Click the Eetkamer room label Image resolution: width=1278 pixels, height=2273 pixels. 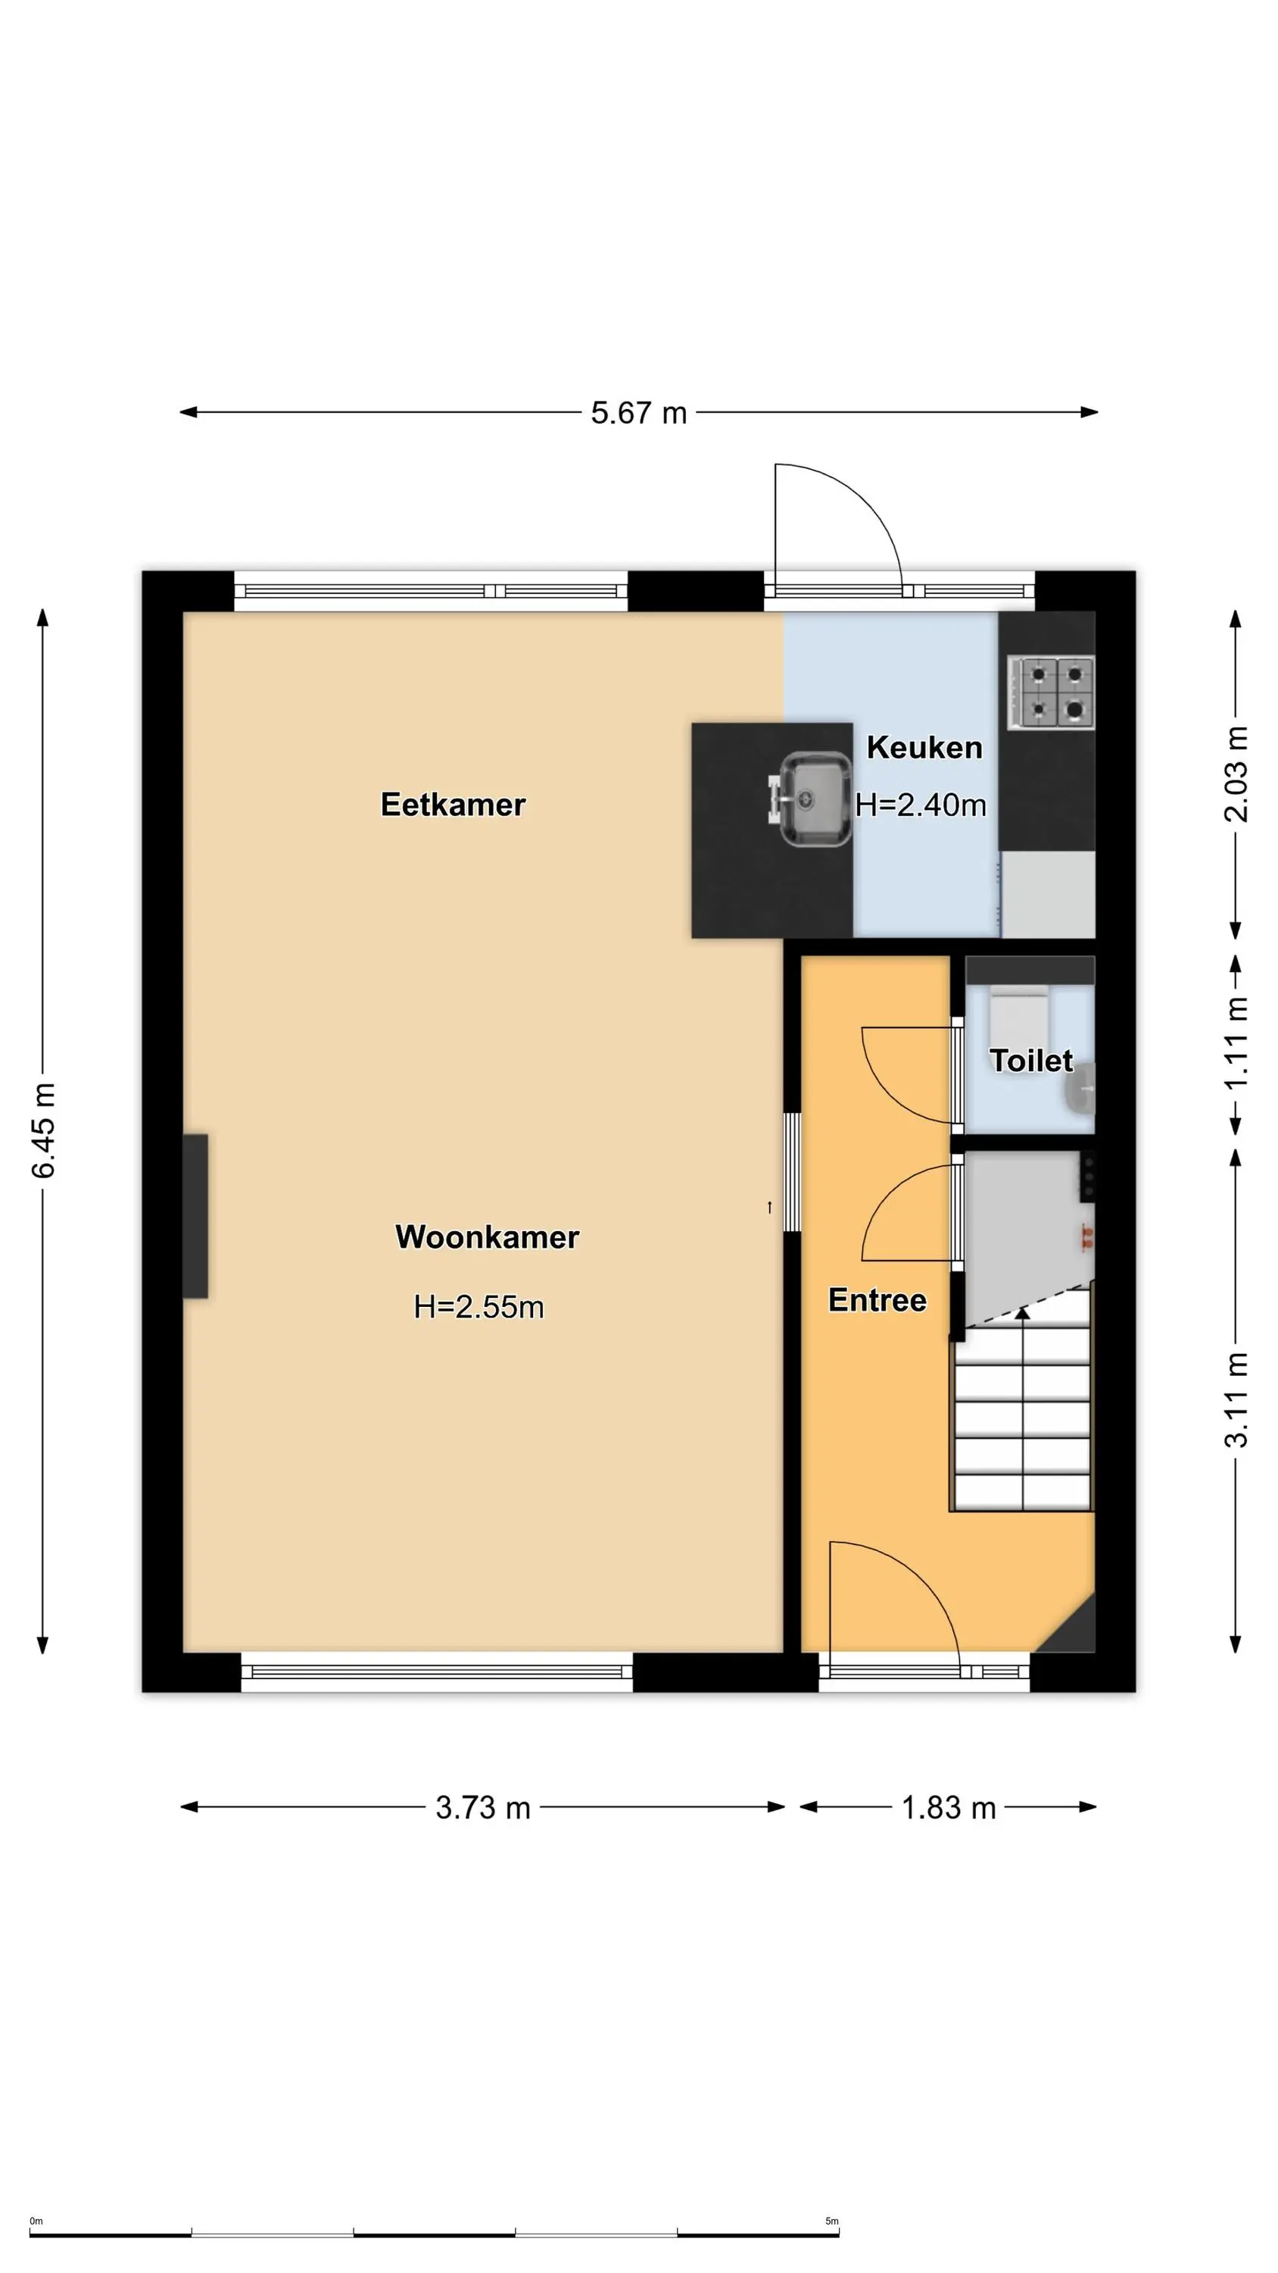click(453, 805)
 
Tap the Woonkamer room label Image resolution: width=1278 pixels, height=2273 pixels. click(487, 1237)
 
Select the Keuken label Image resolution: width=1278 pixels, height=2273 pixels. click(924, 747)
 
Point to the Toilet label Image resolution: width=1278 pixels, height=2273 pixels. click(1031, 1060)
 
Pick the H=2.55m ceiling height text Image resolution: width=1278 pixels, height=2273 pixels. click(479, 1307)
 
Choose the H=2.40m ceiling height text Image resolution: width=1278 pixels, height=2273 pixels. click(921, 805)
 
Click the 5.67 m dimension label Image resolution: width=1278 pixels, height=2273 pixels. click(638, 413)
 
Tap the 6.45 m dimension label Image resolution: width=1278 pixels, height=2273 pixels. click(44, 1131)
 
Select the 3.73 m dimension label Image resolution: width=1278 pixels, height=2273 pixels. click(483, 1808)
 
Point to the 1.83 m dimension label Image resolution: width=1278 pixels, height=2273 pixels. click(948, 1808)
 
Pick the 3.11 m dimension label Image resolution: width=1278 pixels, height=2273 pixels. click(1236, 1400)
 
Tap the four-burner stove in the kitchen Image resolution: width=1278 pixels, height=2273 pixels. click(1050, 693)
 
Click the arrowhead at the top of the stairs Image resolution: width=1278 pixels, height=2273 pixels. click(1022, 1314)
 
